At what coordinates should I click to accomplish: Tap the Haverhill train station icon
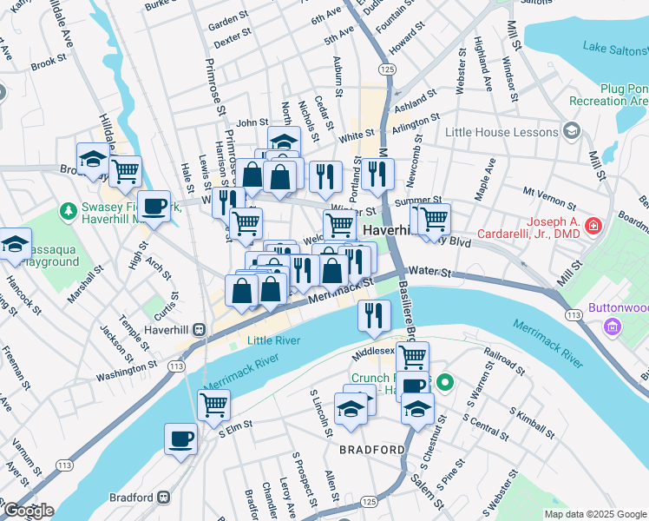coord(199,330)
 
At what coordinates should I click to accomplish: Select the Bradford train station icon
coord(163,498)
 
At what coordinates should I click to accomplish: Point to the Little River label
coord(274,341)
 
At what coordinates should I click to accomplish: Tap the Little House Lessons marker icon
coord(571,132)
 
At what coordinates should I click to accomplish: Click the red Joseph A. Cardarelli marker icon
coord(593,227)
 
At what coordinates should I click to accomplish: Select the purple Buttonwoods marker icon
coord(613,327)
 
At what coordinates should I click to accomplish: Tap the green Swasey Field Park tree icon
coord(68,209)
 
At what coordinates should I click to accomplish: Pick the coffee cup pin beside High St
coord(154,206)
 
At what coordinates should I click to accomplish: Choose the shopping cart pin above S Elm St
coord(213,404)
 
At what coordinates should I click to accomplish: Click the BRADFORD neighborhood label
coord(371,450)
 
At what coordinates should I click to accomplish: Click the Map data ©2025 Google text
coord(594,514)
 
